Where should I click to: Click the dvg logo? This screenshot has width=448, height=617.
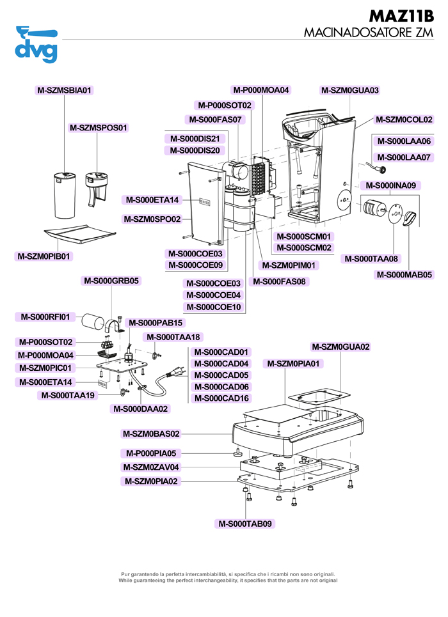click(x=36, y=45)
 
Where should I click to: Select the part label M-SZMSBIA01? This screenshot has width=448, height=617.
click(x=65, y=90)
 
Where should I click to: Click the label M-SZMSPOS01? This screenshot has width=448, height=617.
click(x=99, y=127)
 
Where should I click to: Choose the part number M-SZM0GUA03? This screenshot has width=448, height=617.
click(x=349, y=90)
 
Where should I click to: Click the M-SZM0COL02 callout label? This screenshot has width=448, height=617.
click(x=403, y=119)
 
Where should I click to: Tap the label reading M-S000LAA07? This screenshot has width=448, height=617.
click(x=404, y=157)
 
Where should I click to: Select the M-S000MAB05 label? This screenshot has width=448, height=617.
click(x=404, y=275)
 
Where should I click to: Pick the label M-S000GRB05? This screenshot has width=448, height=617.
click(x=110, y=280)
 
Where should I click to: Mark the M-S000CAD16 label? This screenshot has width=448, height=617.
click(x=221, y=398)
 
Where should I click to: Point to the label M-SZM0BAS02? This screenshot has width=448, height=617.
click(x=152, y=433)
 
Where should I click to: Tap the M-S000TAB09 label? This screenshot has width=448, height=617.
click(x=245, y=524)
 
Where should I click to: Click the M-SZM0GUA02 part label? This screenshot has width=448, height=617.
click(x=340, y=347)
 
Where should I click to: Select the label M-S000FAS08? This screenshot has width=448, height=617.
click(x=280, y=281)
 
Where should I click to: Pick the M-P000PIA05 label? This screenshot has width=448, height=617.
click(x=152, y=453)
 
